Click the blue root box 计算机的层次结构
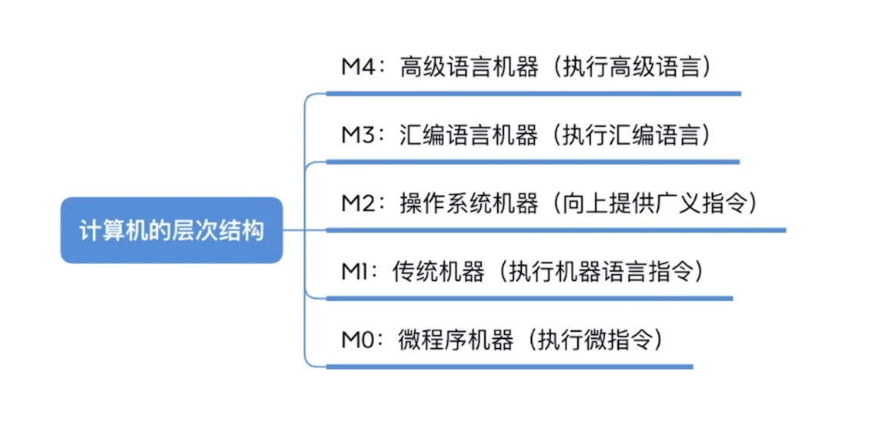(x=172, y=230)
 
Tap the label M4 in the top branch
(x=358, y=68)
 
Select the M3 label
(x=358, y=136)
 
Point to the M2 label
(x=358, y=203)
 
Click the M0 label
(x=358, y=339)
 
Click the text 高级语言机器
(x=469, y=68)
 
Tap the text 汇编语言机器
(x=469, y=136)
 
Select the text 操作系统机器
(x=469, y=203)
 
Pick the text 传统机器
(x=438, y=271)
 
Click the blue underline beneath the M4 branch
(x=533, y=93)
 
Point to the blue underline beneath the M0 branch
(x=510, y=367)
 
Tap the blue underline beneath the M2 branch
(x=556, y=230)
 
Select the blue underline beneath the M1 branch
(x=529, y=298)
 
